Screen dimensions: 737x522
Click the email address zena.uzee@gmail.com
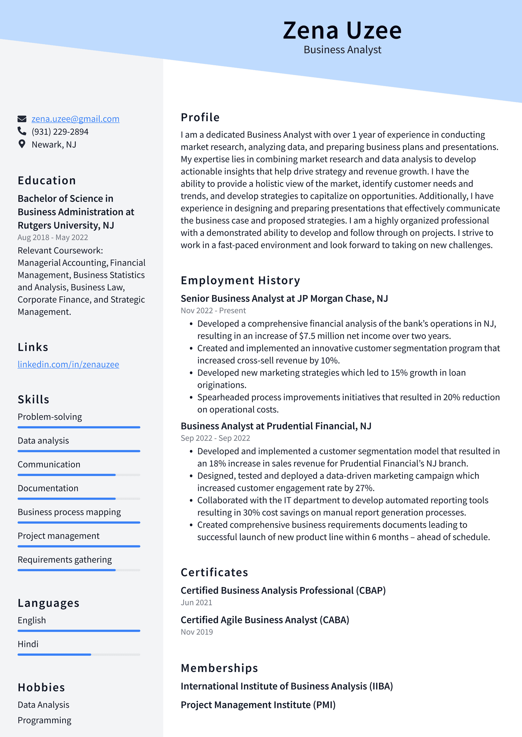[75, 119]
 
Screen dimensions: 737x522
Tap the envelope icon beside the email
[22, 119]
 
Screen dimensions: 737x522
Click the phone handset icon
[22, 131]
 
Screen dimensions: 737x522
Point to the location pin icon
[22, 144]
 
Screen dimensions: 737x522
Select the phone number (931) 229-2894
[60, 132]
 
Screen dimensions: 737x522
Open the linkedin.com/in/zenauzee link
[68, 364]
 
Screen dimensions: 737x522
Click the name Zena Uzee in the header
[342, 31]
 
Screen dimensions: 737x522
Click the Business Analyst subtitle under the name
[342, 50]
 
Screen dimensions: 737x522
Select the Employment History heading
[240, 281]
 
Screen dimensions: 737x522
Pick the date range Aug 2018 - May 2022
[53, 238]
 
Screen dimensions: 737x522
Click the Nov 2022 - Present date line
[213, 311]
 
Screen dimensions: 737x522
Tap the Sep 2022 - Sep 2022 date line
[215, 438]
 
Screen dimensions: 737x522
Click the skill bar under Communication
[79, 475]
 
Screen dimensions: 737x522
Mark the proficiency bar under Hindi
[79, 655]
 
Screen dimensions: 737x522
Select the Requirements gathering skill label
[65, 560]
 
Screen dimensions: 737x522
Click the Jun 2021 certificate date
[196, 603]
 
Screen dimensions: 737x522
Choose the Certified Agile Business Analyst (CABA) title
[265, 620]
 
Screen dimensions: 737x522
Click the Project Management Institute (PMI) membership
[258, 705]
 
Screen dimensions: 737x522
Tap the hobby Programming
[44, 720]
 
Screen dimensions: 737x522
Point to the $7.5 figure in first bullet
[307, 336]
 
